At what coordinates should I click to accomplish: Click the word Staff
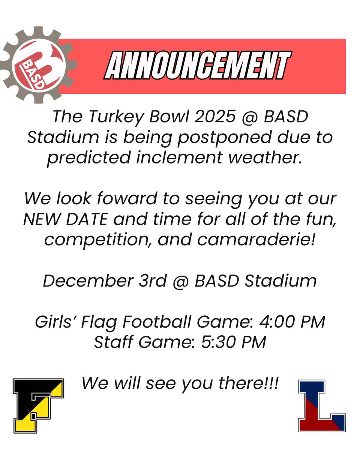pyautogui.click(x=112, y=342)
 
